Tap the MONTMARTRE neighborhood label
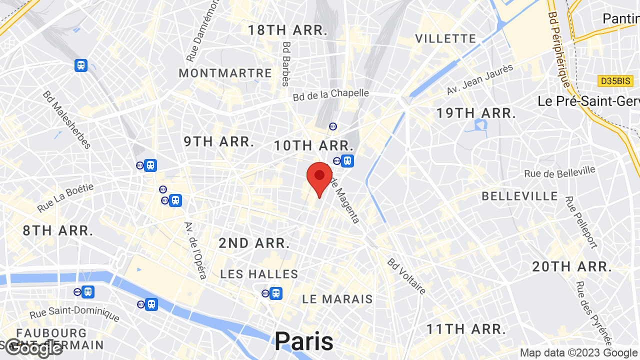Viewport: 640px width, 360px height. tap(225, 73)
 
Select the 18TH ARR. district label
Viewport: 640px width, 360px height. tap(287, 30)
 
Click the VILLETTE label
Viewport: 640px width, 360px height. tap(445, 38)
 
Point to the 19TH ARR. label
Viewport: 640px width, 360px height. tap(476, 113)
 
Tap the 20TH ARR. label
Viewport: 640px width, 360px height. tap(572, 266)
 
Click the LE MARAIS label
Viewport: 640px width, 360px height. tap(337, 299)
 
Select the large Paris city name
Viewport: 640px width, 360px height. tap(304, 341)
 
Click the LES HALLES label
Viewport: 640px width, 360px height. tap(259, 274)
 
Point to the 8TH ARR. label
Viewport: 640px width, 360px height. tap(58, 231)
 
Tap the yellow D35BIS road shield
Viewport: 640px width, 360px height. tap(615, 80)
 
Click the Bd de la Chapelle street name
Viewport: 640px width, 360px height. tap(331, 94)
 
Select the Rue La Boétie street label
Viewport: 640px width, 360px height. tap(65, 197)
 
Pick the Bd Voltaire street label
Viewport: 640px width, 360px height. tap(407, 276)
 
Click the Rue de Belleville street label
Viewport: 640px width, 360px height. tap(559, 172)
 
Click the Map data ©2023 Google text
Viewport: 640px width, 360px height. tap(579, 353)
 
